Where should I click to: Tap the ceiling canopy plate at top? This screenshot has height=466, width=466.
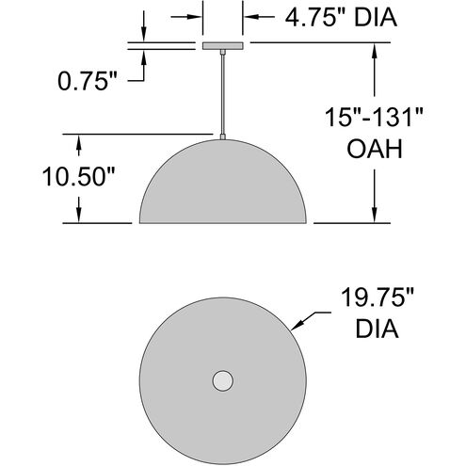pos(222,45)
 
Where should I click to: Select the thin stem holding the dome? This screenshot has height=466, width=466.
pos(222,94)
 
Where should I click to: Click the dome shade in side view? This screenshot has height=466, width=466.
pos(222,188)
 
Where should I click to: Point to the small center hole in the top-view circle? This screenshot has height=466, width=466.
pos(222,380)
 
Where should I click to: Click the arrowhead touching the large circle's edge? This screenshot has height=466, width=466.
pos(297,327)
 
